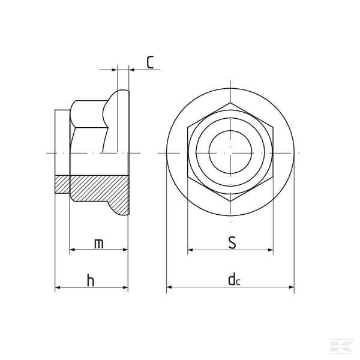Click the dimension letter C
[x=150, y=62]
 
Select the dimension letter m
[x=99, y=244]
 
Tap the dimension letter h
[x=91, y=280]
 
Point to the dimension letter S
[x=232, y=242]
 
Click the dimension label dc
[x=234, y=279]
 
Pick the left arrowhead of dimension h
[x=58, y=287]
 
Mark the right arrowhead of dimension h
[x=125, y=287]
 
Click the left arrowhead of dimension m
[x=72, y=250]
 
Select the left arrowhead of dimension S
[x=190, y=250]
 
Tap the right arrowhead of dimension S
[x=271, y=250]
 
